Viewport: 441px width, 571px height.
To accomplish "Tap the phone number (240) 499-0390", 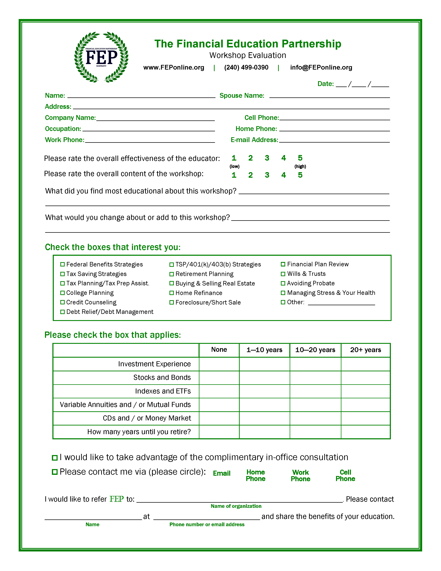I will click(x=246, y=67).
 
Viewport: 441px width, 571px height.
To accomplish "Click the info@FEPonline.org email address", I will click(x=321, y=67).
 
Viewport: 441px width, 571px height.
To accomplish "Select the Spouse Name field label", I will click(x=242, y=96).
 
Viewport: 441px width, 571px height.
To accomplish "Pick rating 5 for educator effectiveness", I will click(x=300, y=158).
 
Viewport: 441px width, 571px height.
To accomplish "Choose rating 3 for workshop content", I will click(x=267, y=175).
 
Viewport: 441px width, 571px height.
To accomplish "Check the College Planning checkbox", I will click(x=62, y=293).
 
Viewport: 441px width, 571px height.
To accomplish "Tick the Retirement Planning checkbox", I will click(x=172, y=274).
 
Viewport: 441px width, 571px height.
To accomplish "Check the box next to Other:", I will click(x=283, y=302).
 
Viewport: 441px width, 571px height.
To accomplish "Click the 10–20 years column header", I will click(x=315, y=350).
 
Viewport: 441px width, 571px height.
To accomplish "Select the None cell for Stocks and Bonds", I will click(x=219, y=378).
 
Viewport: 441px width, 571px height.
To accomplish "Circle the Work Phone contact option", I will click(x=300, y=475).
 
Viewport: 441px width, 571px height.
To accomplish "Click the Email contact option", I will click(x=222, y=473).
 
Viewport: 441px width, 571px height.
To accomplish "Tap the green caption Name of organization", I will click(x=236, y=506).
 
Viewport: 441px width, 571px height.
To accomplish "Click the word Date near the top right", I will click(x=325, y=84).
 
